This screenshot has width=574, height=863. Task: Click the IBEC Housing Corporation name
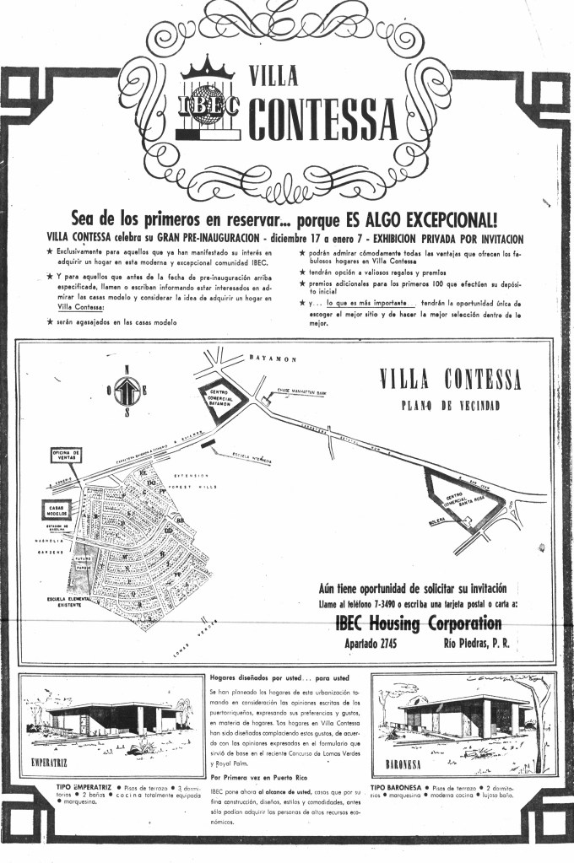coord(412,624)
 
